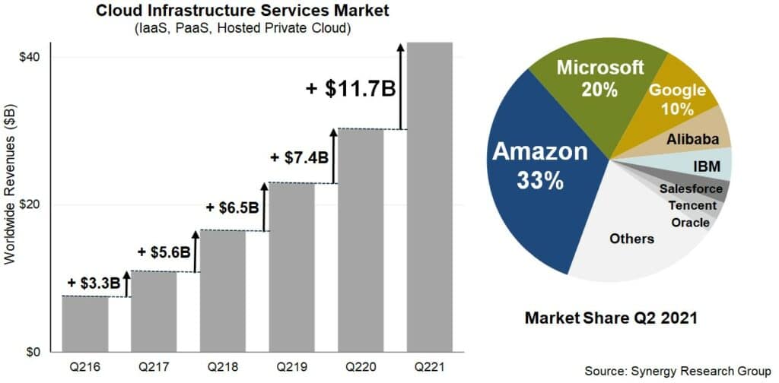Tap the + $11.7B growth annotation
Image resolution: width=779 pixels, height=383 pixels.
(350, 88)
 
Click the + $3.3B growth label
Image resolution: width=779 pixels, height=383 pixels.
(94, 283)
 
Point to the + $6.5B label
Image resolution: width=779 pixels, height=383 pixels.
(232, 207)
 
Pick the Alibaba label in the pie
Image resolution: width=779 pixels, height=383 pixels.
(688, 139)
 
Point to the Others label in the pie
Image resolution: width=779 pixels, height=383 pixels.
(631, 239)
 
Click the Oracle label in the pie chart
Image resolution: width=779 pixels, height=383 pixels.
(690, 222)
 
